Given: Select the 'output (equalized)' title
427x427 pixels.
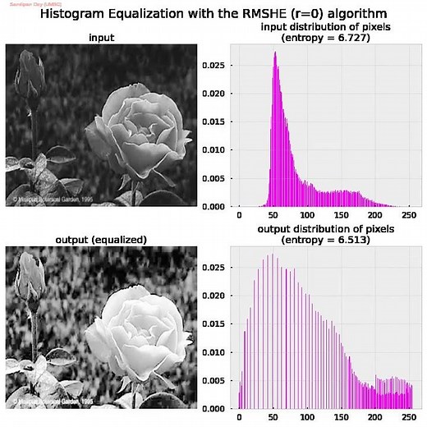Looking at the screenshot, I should coord(101,240).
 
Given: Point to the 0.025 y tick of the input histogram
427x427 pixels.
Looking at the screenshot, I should coord(213,63).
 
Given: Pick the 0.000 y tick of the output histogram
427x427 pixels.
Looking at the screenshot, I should coord(213,408).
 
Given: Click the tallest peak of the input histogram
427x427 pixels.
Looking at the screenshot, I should coord(275,54).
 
